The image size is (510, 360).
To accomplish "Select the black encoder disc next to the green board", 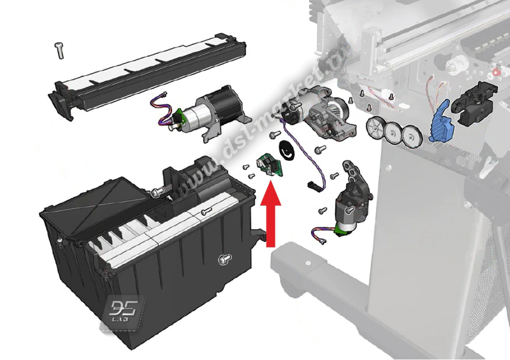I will pos(286,150).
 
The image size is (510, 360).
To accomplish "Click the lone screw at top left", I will pos(60,51).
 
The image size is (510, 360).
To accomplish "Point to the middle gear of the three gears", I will pos(393,132).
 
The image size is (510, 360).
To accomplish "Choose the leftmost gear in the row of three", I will pos(376,128).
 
